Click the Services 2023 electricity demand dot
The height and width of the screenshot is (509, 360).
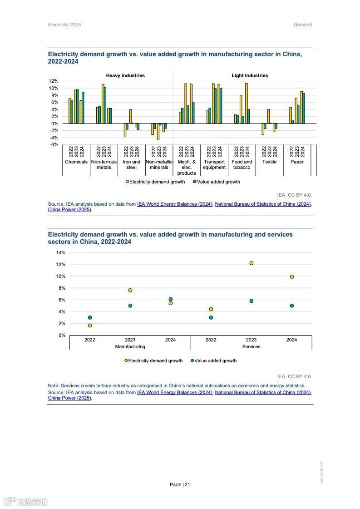coord(251,263)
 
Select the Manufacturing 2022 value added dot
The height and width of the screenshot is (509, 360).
coord(90,317)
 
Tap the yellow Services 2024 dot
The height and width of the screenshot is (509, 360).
coord(291,277)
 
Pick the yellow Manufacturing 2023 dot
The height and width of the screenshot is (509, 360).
coord(130,290)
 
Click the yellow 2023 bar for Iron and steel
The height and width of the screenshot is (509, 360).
coord(130,116)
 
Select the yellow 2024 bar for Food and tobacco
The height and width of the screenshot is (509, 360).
coord(246,103)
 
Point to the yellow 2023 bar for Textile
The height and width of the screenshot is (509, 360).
coord(268,116)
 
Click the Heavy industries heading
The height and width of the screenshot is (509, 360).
coord(125,75)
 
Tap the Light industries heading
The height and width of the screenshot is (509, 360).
coord(250,75)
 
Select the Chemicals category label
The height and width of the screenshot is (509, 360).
coord(76,162)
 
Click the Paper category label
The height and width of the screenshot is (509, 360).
coord(297,162)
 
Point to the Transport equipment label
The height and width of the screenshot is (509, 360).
coord(214,164)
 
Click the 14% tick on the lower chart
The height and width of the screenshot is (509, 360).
coord(60,252)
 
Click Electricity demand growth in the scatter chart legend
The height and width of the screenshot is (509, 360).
coord(155,361)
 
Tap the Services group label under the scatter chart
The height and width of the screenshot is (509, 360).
coord(251,346)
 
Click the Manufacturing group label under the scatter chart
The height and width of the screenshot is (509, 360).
coord(130,346)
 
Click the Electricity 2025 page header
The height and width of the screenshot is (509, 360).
coord(64,25)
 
